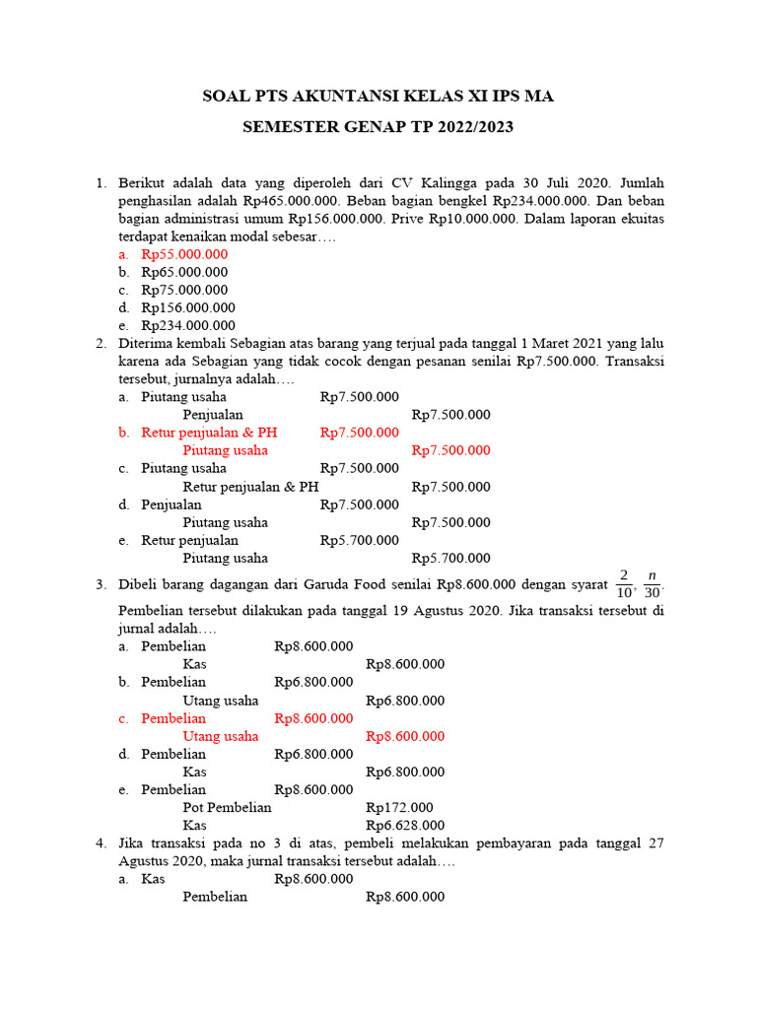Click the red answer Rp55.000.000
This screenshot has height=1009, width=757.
tap(184, 254)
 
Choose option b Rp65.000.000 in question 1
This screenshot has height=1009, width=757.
tap(184, 272)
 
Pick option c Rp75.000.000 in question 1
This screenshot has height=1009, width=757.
tap(184, 290)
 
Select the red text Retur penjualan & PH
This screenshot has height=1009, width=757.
tap(209, 433)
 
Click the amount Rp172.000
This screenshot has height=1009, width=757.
tap(399, 807)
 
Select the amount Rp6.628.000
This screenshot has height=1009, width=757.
tap(405, 825)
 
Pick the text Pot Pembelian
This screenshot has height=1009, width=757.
tap(227, 807)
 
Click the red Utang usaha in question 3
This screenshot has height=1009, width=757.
tap(221, 736)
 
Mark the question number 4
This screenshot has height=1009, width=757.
tap(101, 843)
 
